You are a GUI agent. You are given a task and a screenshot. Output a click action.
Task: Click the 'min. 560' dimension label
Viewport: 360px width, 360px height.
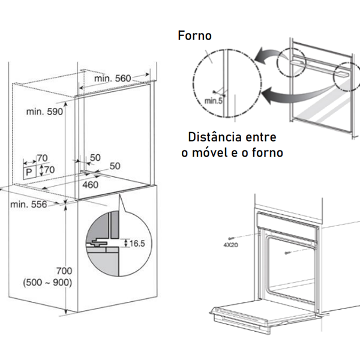(112, 79)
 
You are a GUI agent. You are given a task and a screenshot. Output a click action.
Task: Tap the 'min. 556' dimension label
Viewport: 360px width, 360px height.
(29, 205)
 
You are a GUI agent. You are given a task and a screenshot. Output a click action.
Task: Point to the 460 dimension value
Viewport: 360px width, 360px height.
(90, 184)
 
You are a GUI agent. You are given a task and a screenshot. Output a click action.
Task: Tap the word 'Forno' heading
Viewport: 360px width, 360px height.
(194, 35)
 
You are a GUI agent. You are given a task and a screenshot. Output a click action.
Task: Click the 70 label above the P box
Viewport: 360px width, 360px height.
(42, 158)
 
